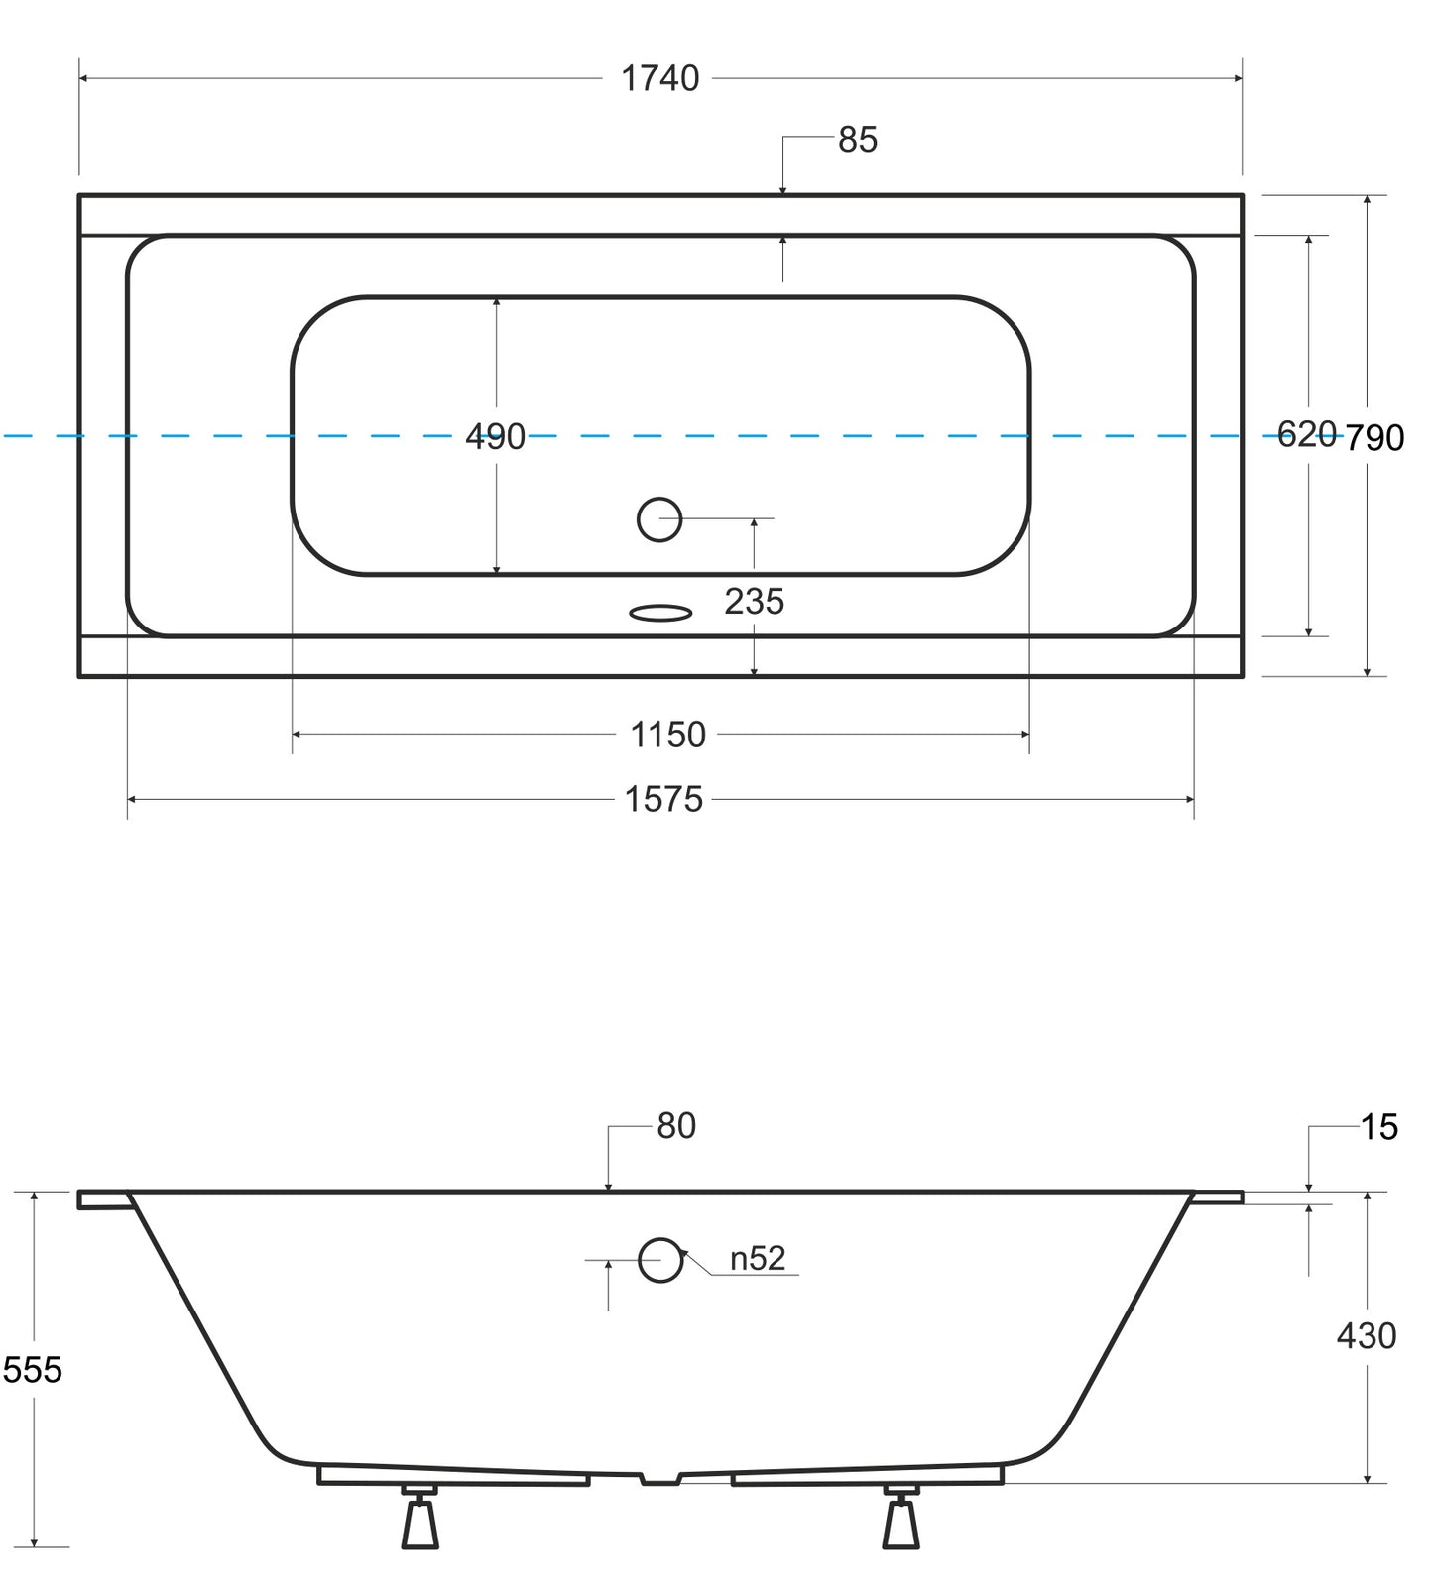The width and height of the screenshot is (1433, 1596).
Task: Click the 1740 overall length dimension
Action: point(659,78)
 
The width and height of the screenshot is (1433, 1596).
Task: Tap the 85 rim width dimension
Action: point(858,140)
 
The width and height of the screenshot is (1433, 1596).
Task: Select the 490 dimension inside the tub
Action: point(495,436)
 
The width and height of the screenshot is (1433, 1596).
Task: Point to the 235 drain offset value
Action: point(755,601)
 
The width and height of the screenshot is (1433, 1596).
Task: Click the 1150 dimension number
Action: point(668,735)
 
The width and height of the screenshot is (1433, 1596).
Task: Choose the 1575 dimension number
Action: point(663,799)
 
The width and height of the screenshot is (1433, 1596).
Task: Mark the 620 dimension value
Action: point(1307,434)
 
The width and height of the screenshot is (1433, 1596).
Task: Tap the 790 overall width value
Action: point(1374,437)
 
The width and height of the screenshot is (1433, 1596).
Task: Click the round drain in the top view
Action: point(659,518)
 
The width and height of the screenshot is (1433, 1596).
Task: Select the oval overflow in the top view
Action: point(660,613)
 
